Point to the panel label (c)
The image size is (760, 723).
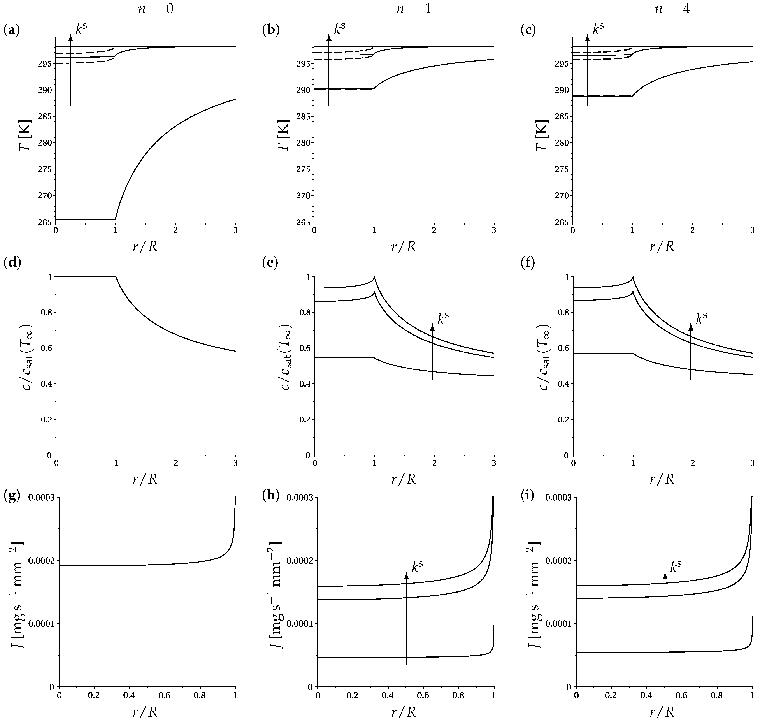pos(528,30)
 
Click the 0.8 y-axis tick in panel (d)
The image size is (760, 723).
pos(46,313)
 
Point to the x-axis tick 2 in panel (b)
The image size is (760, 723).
pos(434,230)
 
